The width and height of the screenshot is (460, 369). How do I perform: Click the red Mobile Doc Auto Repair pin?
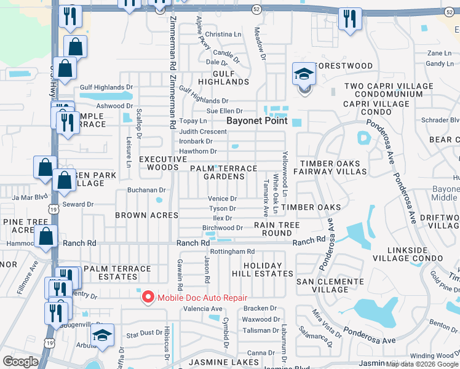148,298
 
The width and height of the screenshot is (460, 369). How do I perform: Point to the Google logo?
21,362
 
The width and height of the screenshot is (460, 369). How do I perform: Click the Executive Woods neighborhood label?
162,163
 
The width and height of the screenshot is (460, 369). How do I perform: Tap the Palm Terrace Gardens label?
223,172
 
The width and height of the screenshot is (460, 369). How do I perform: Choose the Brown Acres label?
148,215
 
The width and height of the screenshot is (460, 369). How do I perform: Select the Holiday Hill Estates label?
256,269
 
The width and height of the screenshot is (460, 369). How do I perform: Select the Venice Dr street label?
222,199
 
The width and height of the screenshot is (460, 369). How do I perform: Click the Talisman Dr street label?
258,330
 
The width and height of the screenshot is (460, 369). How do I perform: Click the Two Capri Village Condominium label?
384,90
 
